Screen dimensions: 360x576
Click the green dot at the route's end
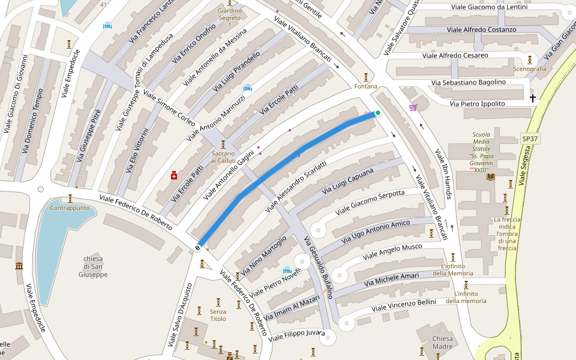click(378, 113)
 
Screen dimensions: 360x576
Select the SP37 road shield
click(530, 139)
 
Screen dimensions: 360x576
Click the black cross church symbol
click(532, 98)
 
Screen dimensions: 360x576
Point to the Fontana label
click(366, 86)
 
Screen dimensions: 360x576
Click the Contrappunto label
click(70, 208)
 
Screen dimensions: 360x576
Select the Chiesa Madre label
click(443, 343)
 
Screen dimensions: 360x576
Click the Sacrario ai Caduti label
click(223, 157)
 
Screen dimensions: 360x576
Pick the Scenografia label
click(530, 69)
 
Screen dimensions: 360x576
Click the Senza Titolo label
click(218, 315)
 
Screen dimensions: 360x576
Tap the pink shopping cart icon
click(413, 107)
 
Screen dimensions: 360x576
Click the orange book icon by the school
click(491, 176)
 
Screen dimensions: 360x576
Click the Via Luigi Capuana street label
click(348, 182)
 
